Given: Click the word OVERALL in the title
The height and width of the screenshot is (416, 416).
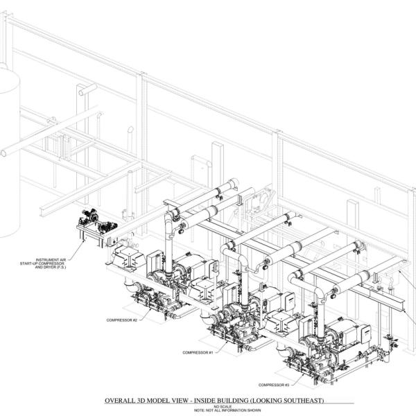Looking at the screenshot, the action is [x=119, y=401].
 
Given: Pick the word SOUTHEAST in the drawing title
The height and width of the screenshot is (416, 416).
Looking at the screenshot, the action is [x=302, y=401].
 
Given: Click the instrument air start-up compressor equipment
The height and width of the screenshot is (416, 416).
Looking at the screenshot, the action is [x=96, y=222].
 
